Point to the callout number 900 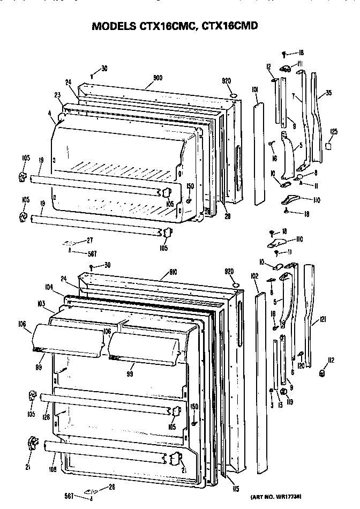coord(159,78)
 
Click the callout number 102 coord(254,276)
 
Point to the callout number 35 coord(328,93)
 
